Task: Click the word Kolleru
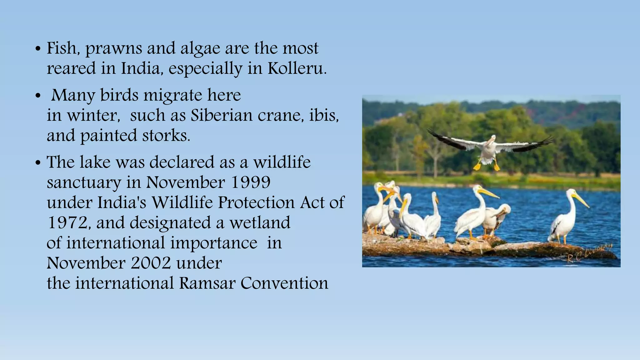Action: (x=297, y=68)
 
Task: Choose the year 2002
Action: (x=151, y=263)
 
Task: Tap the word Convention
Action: (x=284, y=283)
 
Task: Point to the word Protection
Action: (x=256, y=202)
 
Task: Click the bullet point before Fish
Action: (x=38, y=49)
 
